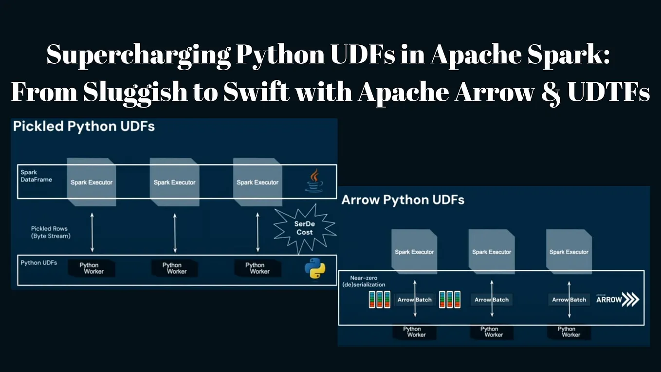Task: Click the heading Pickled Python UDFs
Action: pos(84,127)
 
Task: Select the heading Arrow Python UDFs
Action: pos(403,200)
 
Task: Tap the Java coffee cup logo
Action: pos(314,180)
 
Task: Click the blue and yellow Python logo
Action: pos(315,269)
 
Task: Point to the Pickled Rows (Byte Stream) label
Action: pos(50,232)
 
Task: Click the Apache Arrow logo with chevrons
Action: pos(617,299)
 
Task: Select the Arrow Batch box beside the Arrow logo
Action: pos(569,299)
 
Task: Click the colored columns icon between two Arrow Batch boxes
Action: pos(450,299)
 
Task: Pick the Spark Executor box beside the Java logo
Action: pos(257,182)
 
